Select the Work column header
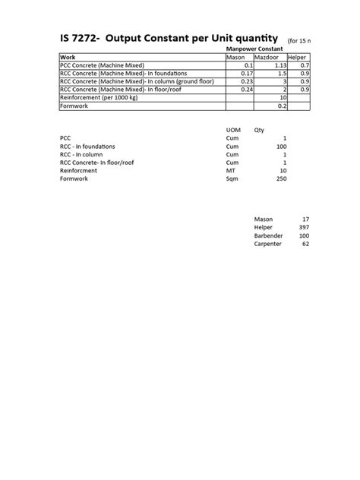(68, 58)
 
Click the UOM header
(234, 130)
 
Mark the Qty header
(259, 130)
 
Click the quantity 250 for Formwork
(280, 178)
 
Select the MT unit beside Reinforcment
(231, 170)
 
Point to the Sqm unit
(232, 178)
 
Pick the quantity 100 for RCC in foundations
(280, 146)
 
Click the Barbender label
(267, 235)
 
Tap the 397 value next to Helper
(304, 227)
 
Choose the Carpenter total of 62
(305, 244)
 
